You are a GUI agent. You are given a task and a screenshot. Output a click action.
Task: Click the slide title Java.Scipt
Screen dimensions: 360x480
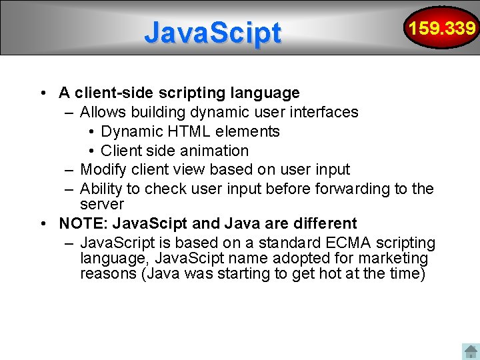coord(213,32)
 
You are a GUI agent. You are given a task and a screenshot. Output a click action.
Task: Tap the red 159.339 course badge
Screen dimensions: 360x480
coord(442,28)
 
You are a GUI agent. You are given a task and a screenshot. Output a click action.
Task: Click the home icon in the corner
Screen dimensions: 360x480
coord(470,351)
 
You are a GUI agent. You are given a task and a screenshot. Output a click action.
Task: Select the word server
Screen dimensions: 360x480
coord(102,204)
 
